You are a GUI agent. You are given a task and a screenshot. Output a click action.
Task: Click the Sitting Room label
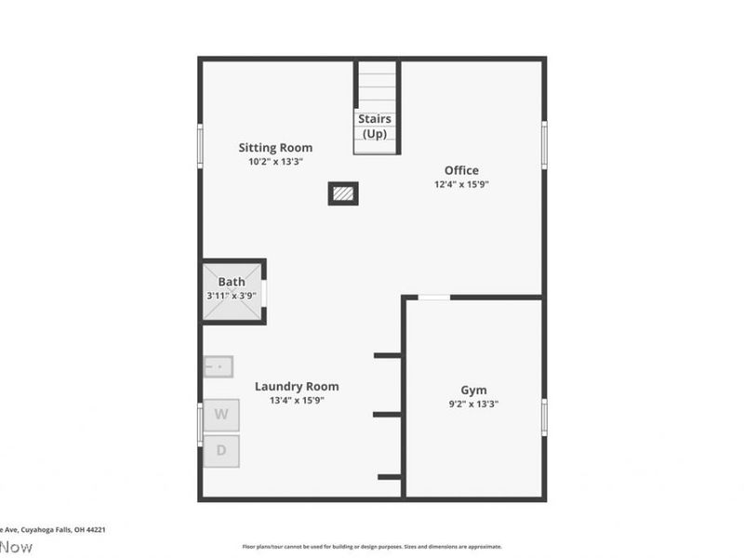[275, 148]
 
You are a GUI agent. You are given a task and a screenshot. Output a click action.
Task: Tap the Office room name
[461, 170]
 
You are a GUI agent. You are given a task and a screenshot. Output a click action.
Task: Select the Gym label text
[473, 391]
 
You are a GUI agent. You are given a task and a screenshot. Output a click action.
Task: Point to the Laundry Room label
[297, 387]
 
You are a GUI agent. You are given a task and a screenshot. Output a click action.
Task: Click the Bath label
[232, 283]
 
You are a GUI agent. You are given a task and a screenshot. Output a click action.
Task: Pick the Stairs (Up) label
[375, 126]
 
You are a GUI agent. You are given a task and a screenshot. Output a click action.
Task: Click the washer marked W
[221, 415]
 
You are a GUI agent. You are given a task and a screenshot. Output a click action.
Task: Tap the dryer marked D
[221, 451]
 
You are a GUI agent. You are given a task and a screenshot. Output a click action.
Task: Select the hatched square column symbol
[343, 193]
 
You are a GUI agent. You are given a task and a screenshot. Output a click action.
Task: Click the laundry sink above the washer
[218, 366]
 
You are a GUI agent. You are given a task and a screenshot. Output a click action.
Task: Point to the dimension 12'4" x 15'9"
[461, 184]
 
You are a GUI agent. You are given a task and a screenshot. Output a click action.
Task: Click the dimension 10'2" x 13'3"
[275, 162]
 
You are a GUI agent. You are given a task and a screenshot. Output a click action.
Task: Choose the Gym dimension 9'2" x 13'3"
[473, 405]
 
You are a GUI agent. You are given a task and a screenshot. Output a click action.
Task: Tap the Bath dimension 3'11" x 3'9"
[232, 296]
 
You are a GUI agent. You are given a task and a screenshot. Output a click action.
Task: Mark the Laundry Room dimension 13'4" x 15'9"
[297, 401]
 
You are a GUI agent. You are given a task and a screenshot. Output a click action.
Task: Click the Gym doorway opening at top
[433, 298]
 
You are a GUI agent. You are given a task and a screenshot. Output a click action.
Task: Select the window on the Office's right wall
[544, 143]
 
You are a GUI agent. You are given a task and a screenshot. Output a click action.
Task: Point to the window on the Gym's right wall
[544, 417]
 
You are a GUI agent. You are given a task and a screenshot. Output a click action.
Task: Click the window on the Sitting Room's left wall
[200, 146]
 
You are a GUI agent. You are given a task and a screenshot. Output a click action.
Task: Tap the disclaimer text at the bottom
[372, 547]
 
